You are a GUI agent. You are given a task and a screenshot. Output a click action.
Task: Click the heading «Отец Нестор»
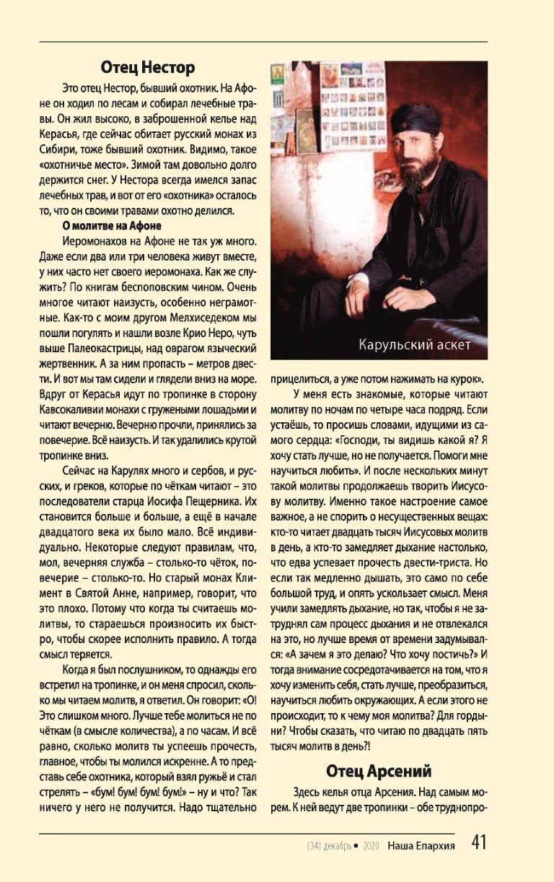click(147, 68)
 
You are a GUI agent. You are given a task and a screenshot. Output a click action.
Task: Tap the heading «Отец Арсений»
click(379, 770)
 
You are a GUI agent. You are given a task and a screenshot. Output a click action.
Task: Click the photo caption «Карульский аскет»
click(414, 344)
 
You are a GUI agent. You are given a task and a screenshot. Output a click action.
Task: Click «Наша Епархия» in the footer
click(421, 845)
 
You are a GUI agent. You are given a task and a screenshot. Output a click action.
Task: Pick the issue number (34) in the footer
click(313, 845)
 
